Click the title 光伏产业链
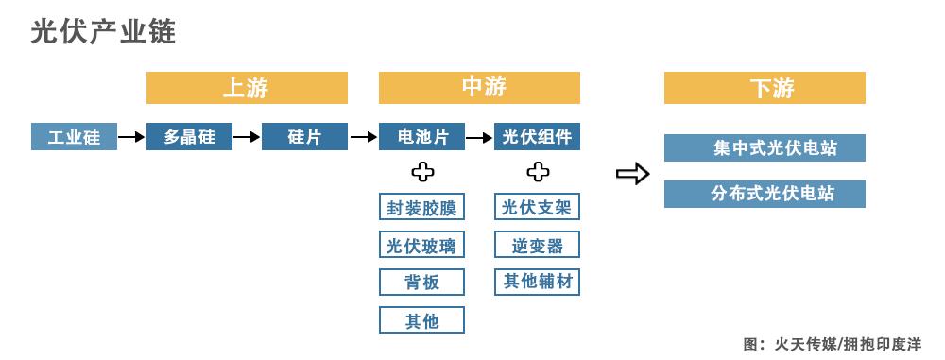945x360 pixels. pyautogui.click(x=103, y=32)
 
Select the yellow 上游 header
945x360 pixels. pyautogui.click(x=247, y=88)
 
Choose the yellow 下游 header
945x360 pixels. pyautogui.click(x=765, y=88)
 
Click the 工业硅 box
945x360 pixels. pyautogui.click(x=74, y=137)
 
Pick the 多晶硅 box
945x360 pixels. pyautogui.click(x=189, y=137)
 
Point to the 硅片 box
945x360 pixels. pyautogui.click(x=304, y=137)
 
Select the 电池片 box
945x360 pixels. pyautogui.click(x=421, y=137)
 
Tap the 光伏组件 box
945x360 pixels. pyautogui.click(x=537, y=137)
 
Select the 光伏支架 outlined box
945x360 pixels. pyautogui.click(x=537, y=207)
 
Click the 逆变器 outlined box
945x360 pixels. pyautogui.click(x=537, y=245)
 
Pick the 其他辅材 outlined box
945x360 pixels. pyautogui.click(x=537, y=282)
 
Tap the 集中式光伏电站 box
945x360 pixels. pyautogui.click(x=765, y=148)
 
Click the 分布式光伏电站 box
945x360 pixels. pyautogui.click(x=765, y=194)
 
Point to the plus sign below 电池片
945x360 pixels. pyautogui.click(x=421, y=172)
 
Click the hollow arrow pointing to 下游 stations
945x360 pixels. pyautogui.click(x=632, y=173)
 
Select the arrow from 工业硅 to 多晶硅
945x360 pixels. pyautogui.click(x=131, y=137)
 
